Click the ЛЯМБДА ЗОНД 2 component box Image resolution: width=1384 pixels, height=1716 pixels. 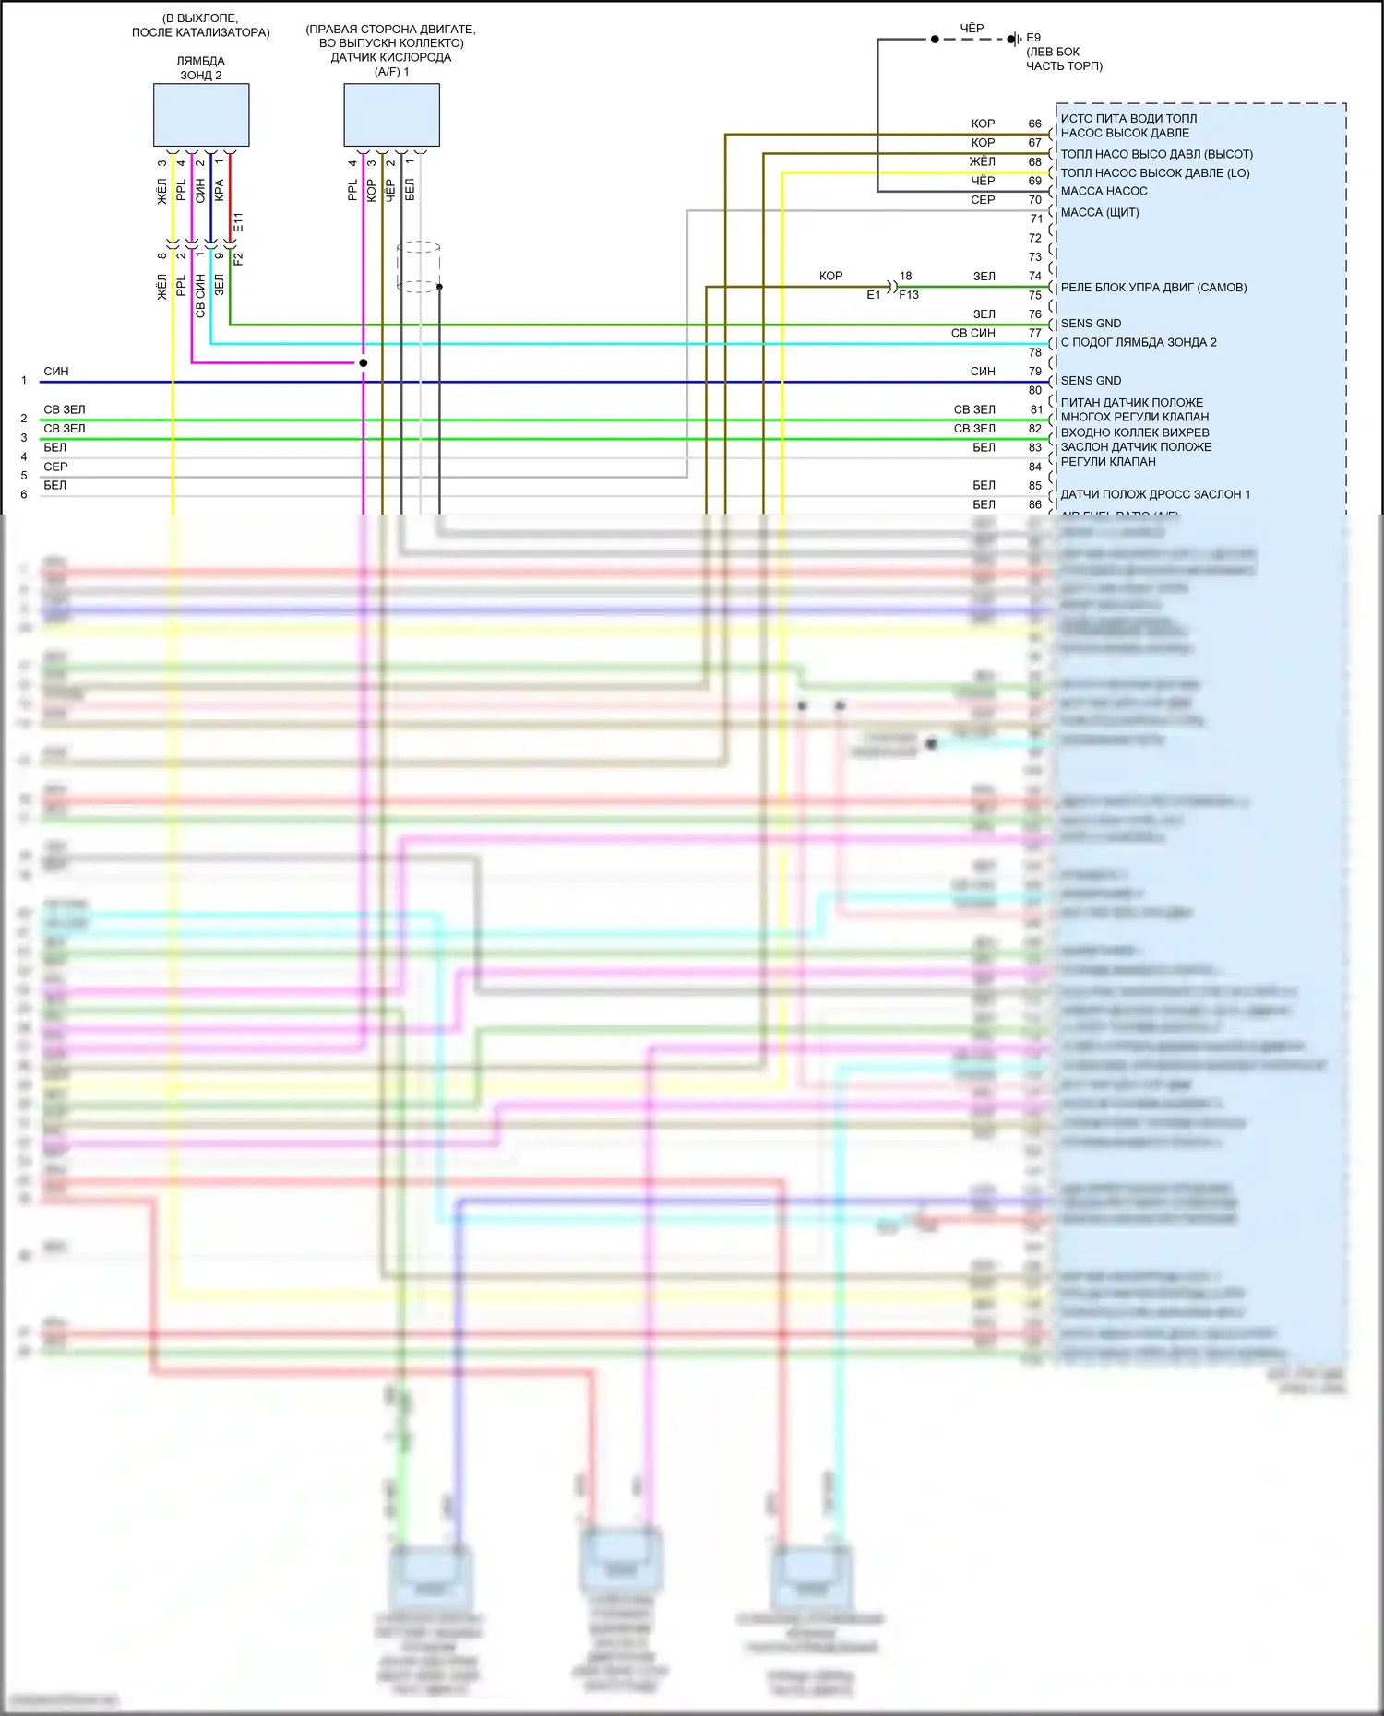coord(201,115)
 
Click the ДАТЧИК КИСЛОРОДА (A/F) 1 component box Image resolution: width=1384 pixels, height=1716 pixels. coord(391,115)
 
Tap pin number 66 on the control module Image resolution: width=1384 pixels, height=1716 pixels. coord(1034,124)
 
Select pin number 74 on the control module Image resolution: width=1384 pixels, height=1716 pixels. coord(1034,276)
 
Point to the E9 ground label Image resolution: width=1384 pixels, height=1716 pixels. coord(1033,38)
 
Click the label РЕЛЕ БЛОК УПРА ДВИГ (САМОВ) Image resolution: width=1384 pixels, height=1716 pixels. coord(1153,288)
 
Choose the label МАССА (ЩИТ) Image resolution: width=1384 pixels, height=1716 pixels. coord(1100,212)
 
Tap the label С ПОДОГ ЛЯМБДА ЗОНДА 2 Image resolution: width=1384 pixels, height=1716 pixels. coord(1139,342)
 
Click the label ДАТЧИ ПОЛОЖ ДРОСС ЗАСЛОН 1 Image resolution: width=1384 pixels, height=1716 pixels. coord(1155,494)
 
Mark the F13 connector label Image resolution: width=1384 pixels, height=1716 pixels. coord(909,295)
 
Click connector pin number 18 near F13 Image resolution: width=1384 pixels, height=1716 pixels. coord(905,276)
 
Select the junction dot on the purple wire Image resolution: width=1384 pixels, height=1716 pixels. coord(364,362)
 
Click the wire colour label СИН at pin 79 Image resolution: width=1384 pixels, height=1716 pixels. coord(983,372)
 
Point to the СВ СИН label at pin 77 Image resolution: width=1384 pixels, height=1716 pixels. coord(973,333)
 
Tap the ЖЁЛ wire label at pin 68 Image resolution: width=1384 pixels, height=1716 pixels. coord(982,161)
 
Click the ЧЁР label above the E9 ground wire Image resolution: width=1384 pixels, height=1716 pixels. coord(972,28)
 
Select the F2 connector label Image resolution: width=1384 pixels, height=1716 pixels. coord(238,259)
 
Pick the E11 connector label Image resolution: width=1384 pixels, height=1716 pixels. coord(238,222)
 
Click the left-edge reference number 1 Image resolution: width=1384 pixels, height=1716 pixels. coord(24,380)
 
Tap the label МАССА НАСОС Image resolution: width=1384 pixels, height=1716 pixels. coord(1104,191)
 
